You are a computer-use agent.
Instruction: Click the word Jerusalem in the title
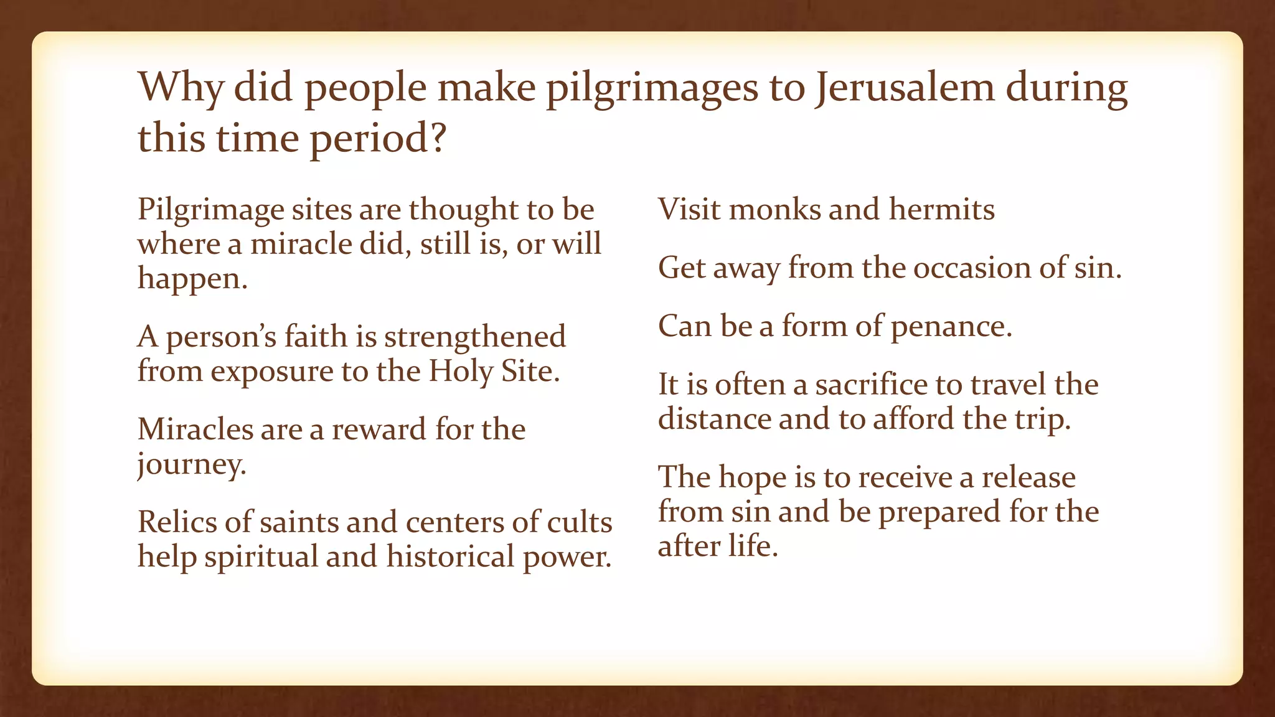point(905,87)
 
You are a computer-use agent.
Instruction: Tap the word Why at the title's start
point(180,87)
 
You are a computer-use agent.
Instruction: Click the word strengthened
point(475,337)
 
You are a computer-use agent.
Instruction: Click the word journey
point(192,464)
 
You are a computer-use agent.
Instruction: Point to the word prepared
point(939,512)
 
